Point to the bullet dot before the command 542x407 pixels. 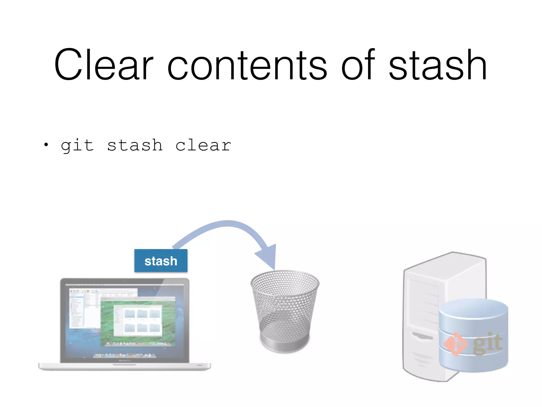pos(46,145)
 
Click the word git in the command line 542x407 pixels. pos(77,145)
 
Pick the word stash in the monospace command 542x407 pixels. pos(135,145)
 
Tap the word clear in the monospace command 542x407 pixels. pos(203,145)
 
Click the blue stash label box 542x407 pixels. pos(161,261)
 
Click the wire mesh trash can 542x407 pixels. pos(285,305)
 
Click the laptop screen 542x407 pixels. pos(124,321)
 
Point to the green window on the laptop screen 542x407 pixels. pos(138,321)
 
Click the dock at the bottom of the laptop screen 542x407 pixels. pos(124,355)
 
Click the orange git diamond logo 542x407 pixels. pos(455,344)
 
